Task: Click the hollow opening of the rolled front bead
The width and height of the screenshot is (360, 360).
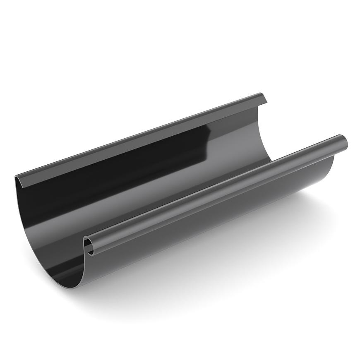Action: click(x=89, y=247)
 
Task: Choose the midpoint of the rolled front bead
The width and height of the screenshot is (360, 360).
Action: click(x=215, y=190)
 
